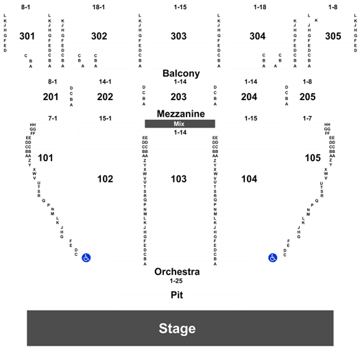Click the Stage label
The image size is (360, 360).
(x=177, y=328)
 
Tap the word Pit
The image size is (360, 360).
(x=177, y=295)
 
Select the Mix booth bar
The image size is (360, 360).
(x=180, y=123)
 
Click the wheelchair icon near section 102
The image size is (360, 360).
(x=86, y=258)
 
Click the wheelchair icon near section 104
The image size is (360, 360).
(x=273, y=258)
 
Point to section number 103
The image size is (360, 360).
(x=178, y=179)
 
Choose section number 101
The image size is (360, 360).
(x=45, y=158)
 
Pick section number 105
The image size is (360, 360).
(x=313, y=158)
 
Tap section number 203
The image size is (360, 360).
(x=178, y=97)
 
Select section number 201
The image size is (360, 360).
(x=51, y=97)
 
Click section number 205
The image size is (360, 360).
(x=307, y=97)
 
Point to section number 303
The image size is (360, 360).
(x=178, y=36)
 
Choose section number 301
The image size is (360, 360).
(x=27, y=36)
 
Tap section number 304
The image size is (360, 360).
(x=258, y=36)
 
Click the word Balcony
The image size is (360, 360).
(x=181, y=73)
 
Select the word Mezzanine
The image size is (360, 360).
(x=181, y=114)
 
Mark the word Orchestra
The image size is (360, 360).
(x=177, y=272)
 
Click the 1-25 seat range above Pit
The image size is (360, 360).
(x=176, y=280)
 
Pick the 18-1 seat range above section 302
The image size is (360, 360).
(x=99, y=7)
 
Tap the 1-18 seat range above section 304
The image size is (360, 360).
(x=260, y=7)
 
